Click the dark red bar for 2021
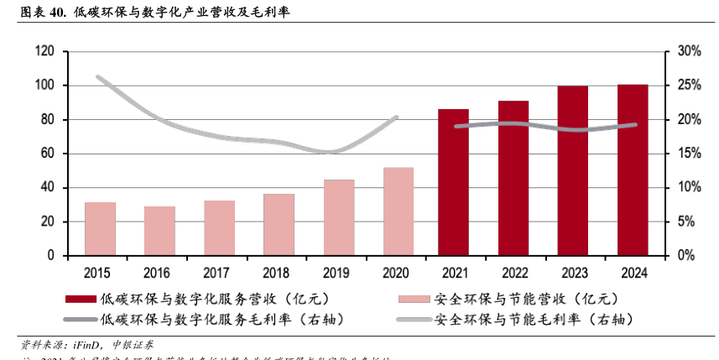tap(453, 182)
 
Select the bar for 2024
tap(633, 170)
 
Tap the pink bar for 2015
tap(100, 228)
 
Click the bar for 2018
tap(279, 225)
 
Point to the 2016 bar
tap(159, 231)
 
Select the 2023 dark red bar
tap(573, 170)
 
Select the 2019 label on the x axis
tap(338, 272)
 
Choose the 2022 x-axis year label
tap(513, 272)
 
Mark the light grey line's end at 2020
tap(396, 117)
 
